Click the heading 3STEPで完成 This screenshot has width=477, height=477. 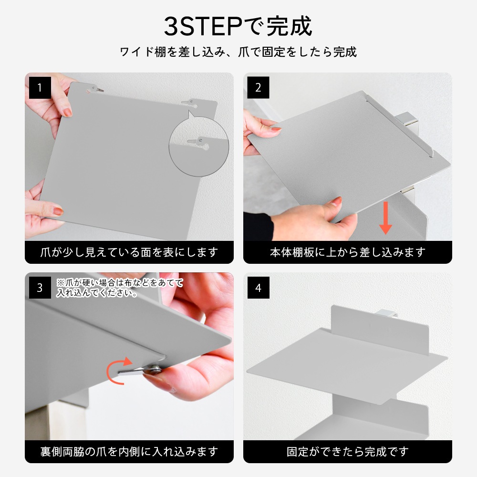(238, 26)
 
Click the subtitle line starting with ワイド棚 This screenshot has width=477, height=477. (238, 52)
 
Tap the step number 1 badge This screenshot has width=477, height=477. (40, 88)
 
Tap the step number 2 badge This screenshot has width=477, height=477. (258, 88)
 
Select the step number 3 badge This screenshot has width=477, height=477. (40, 288)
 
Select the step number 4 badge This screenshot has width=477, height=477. (258, 288)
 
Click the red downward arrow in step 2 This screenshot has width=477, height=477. (385, 218)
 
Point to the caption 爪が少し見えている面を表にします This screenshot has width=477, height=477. (129, 252)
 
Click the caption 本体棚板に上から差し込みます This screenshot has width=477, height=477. (348, 252)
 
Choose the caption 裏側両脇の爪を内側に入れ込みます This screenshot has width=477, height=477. (129, 451)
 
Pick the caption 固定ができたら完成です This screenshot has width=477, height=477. (348, 451)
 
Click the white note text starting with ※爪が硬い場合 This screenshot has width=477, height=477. (120, 288)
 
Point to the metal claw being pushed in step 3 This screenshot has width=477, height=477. (140, 370)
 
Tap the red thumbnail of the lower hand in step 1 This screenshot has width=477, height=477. (58, 211)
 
